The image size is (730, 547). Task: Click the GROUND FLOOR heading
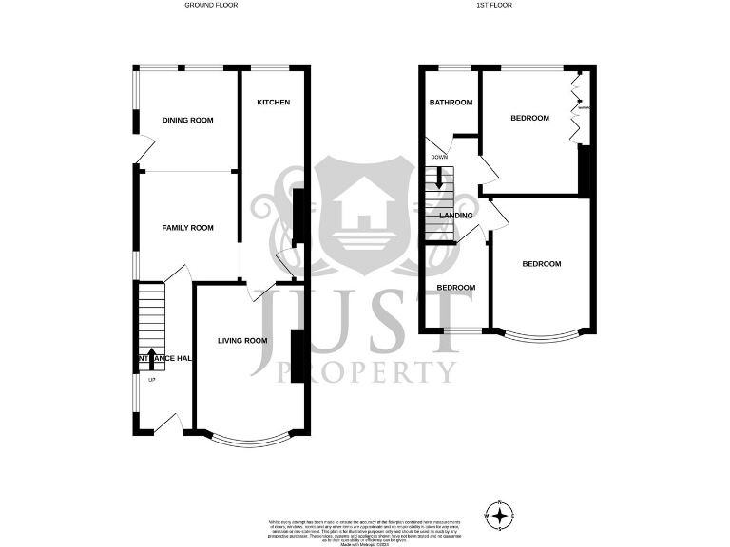click(211, 5)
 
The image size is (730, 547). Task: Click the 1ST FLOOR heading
click(495, 5)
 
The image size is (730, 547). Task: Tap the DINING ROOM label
click(187, 121)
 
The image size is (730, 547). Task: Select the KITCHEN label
click(274, 103)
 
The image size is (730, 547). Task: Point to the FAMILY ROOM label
click(187, 228)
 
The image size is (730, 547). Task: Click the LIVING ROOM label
click(242, 341)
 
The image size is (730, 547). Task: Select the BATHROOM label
click(451, 103)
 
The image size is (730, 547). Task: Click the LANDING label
click(456, 216)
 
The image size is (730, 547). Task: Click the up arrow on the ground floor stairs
click(153, 358)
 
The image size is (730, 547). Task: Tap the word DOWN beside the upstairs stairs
click(439, 157)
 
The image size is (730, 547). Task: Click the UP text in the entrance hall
click(151, 381)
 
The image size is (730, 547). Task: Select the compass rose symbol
click(499, 514)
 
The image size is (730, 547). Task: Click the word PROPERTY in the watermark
click(366, 371)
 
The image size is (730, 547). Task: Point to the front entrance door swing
click(167, 424)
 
